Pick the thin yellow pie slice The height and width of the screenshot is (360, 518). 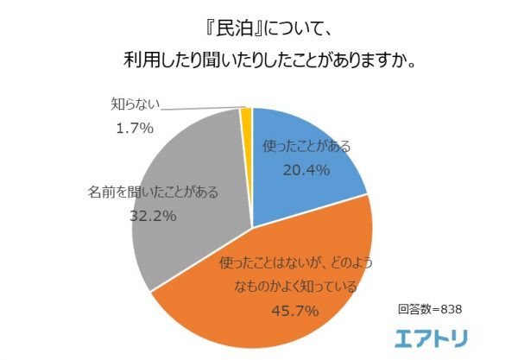247,117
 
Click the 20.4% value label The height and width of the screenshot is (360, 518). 306,170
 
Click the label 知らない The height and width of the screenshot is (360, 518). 134,106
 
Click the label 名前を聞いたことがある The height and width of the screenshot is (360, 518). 154,193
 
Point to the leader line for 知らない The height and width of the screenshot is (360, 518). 199,109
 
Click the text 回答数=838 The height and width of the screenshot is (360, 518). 431,307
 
